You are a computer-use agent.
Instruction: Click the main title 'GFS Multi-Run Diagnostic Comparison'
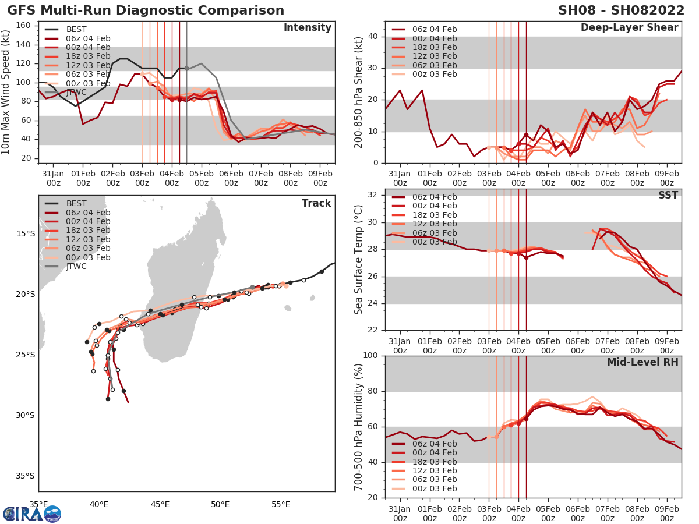146,10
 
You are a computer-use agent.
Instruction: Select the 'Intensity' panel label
307,28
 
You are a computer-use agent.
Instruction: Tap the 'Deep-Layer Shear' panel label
629,28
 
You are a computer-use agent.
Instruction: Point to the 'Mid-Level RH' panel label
642,362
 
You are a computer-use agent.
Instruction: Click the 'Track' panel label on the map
316,203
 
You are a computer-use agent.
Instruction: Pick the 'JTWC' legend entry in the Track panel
76,267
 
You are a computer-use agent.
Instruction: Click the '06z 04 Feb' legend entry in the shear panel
433,30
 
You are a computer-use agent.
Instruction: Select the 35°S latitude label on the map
25,476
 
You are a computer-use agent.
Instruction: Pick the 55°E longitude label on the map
281,505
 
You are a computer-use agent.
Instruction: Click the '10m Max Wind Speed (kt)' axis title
6,93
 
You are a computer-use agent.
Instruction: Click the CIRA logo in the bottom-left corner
31,514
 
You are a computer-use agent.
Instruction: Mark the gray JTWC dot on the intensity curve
186,68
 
